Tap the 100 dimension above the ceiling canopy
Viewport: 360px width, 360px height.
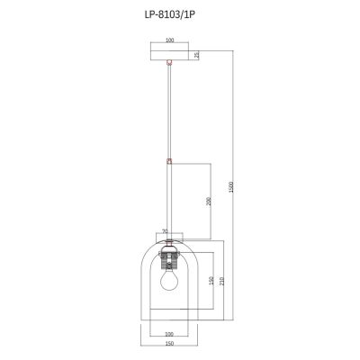tap(168, 41)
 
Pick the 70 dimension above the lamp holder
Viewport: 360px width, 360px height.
tap(164, 231)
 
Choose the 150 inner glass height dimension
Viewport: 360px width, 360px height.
tap(210, 283)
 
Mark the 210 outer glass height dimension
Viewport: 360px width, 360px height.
tap(221, 281)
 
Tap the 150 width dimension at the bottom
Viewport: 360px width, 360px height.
tap(168, 344)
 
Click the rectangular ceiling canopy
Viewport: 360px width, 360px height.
tap(168, 54)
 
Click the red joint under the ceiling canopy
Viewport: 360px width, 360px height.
tap(168, 63)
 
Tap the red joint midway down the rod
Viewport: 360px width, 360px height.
tap(168, 162)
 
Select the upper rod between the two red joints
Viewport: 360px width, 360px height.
tap(168, 112)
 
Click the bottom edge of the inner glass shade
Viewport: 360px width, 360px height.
tap(168, 304)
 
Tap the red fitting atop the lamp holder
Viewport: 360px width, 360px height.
tap(168, 238)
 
